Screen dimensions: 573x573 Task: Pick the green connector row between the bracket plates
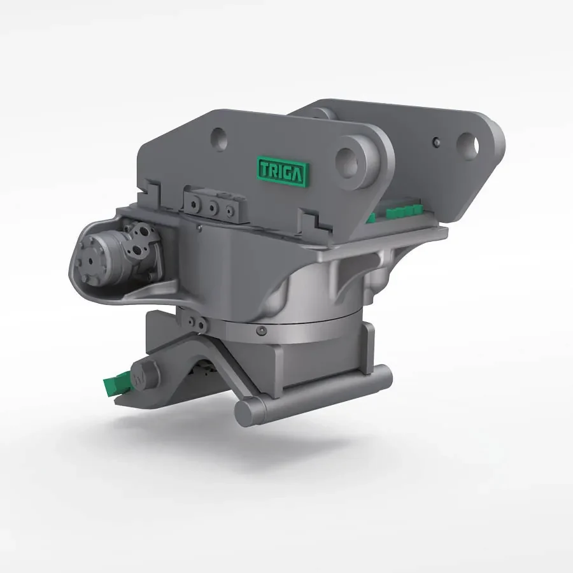(398, 211)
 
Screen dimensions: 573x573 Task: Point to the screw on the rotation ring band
(261, 331)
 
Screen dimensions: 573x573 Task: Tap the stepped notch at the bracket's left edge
(150, 188)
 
